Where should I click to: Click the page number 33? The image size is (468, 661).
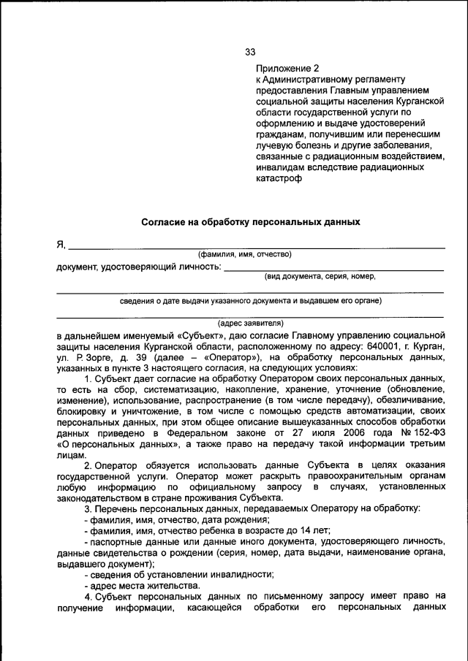coord(250,52)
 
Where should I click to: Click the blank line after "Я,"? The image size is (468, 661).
coord(256,245)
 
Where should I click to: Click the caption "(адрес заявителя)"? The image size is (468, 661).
coord(251,322)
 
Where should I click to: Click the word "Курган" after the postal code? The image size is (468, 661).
coord(428,346)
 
